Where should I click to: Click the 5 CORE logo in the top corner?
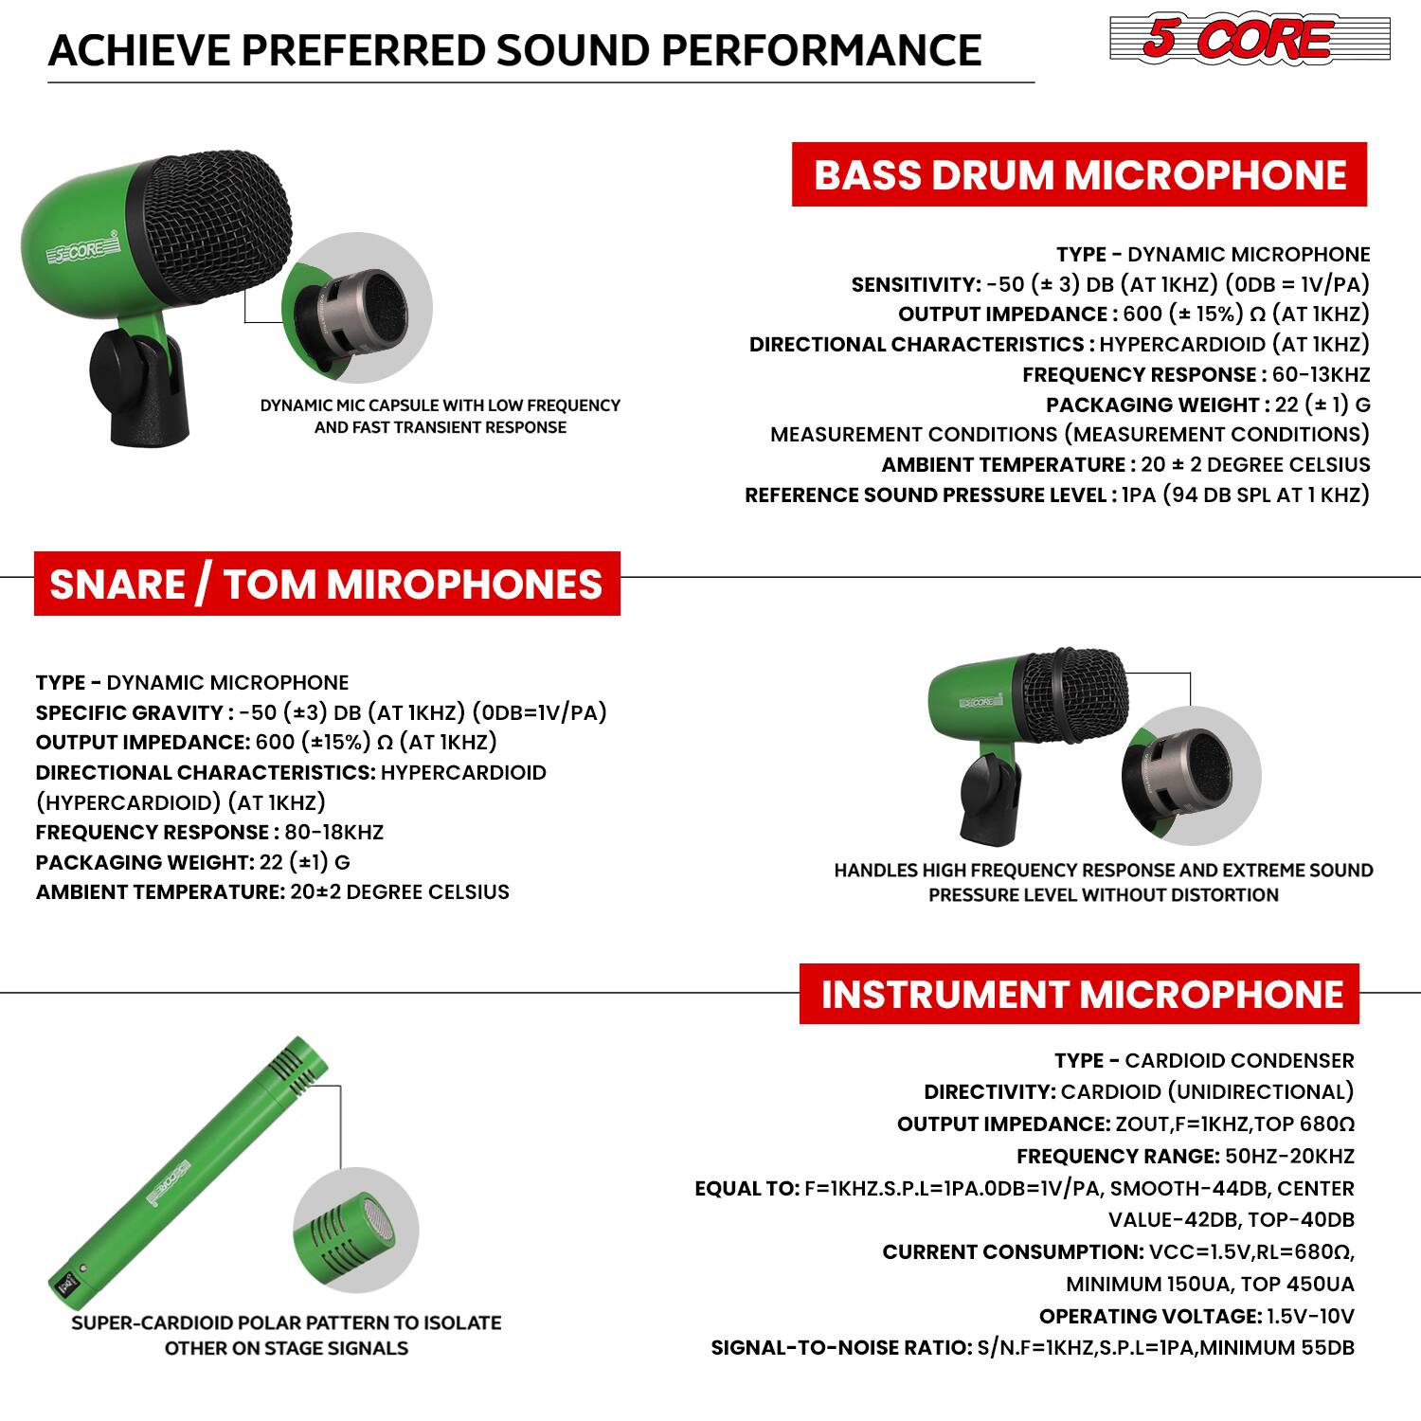point(1249,39)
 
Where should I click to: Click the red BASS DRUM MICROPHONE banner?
point(1079,174)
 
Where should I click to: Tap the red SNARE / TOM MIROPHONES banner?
point(327,584)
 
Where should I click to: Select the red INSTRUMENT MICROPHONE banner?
point(1080,994)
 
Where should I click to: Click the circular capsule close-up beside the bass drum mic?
point(358,309)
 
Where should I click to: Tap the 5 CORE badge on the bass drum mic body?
point(84,253)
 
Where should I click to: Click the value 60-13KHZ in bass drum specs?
point(1321,374)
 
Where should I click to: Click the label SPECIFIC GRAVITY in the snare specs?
point(129,712)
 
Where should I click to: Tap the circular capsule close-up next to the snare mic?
point(1191,774)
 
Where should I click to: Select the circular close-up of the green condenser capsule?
point(356,1231)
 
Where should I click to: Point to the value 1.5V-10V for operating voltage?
point(1310,1316)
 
